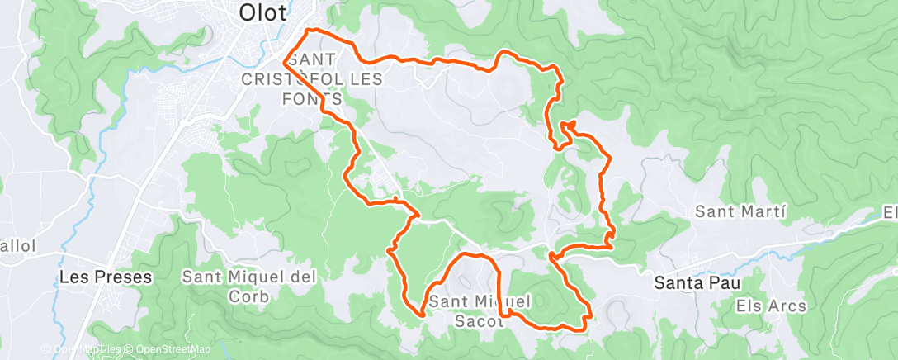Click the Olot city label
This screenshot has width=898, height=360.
coord(262,12)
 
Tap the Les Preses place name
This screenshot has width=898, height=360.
coord(106,277)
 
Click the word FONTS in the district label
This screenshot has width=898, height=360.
coord(314,98)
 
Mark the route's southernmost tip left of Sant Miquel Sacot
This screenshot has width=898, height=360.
coord(422,315)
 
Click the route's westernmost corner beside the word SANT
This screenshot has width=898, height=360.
coord(285,61)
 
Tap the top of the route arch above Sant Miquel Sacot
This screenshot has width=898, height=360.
coord(475,255)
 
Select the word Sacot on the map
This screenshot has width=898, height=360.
coord(480,322)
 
